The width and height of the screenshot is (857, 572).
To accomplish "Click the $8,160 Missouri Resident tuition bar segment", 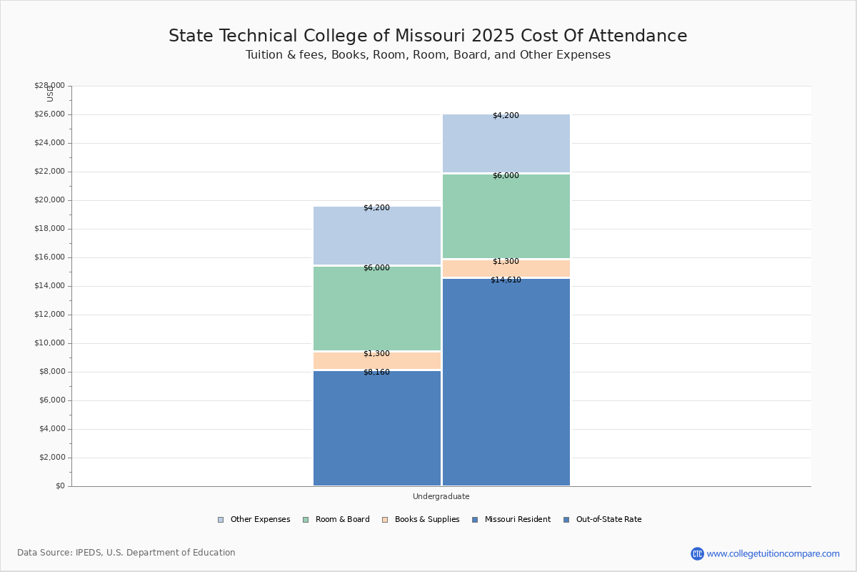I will coord(377,429).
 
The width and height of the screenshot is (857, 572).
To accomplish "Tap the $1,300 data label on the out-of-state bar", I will coord(506,262).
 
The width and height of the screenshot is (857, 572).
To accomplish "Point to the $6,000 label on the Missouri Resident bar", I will coord(376,268).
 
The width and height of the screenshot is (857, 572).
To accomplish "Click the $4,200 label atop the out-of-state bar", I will coord(506,116).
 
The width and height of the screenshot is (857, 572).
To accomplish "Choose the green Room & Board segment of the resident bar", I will coord(377,309).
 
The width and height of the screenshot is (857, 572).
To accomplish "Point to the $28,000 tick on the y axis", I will coord(49,86).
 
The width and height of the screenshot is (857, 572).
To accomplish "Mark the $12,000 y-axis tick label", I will coord(49,315).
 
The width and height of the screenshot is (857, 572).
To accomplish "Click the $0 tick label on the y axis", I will coord(59,486).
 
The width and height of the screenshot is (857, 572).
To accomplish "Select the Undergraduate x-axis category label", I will coord(441,496).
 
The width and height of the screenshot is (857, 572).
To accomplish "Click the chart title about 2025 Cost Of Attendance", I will coord(428,36).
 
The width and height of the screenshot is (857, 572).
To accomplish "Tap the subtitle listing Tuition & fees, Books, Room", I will coord(428,55).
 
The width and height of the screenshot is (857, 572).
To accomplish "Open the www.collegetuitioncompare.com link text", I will coord(773,553).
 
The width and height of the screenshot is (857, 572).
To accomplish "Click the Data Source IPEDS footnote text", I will coord(126,553).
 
